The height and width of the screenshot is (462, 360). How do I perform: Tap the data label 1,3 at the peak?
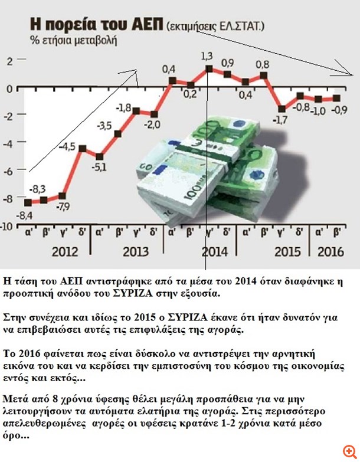207,56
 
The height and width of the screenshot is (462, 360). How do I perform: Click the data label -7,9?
61,207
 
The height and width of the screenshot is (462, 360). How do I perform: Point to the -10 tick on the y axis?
8,227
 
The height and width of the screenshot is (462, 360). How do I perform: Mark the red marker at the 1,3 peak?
209,69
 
